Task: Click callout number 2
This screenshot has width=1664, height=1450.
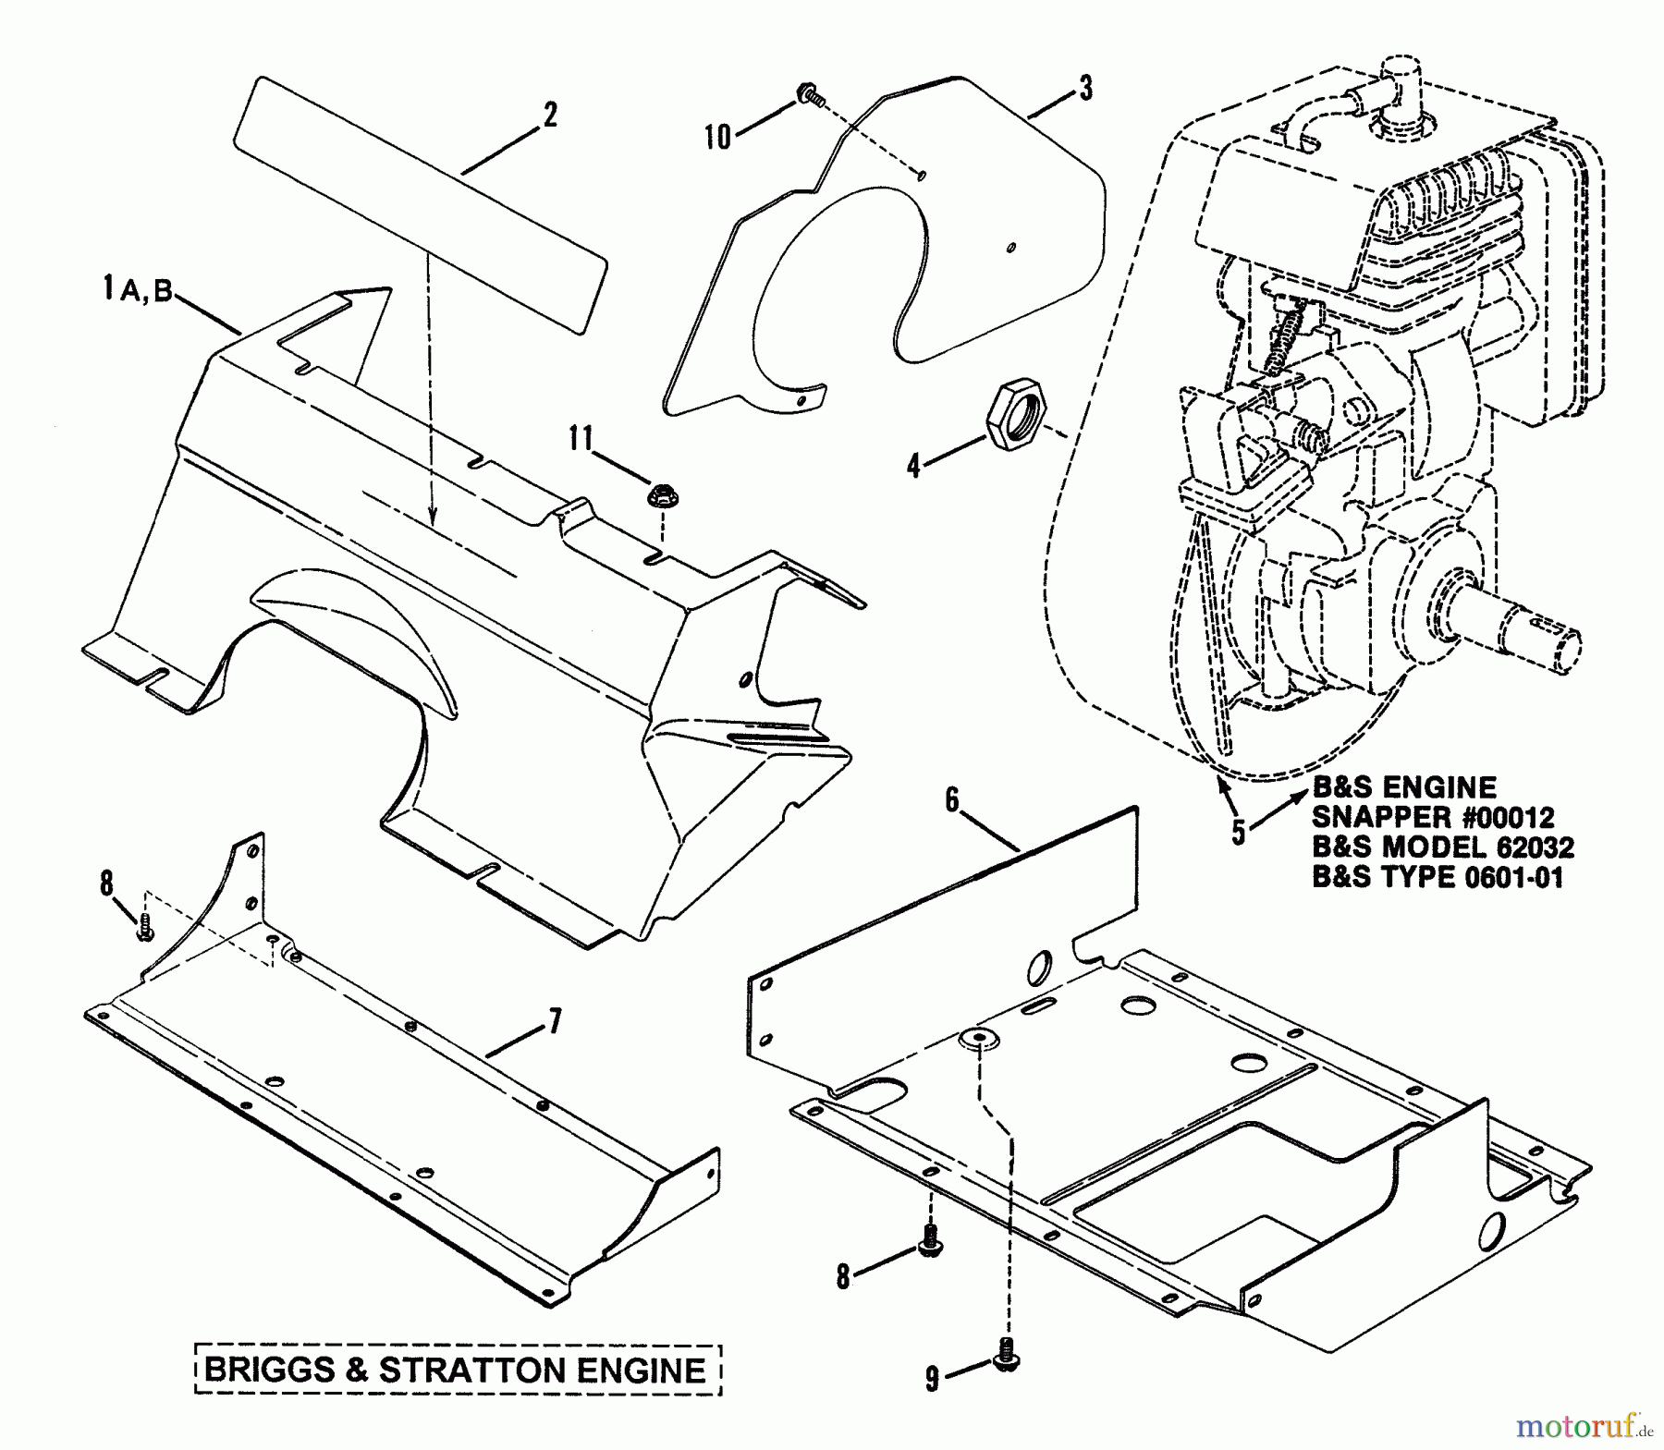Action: (x=550, y=116)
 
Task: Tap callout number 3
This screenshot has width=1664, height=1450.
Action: (x=1085, y=89)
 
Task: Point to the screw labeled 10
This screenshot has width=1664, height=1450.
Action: (x=810, y=94)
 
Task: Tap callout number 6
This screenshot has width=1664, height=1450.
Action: (x=952, y=800)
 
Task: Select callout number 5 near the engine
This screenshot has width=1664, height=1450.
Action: (x=1238, y=830)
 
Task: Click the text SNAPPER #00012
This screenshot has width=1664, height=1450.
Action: (x=1433, y=817)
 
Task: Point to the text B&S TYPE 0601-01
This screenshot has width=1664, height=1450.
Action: (x=1438, y=877)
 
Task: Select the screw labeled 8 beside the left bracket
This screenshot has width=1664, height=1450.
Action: (x=144, y=932)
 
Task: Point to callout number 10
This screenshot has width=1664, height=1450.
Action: (x=717, y=137)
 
